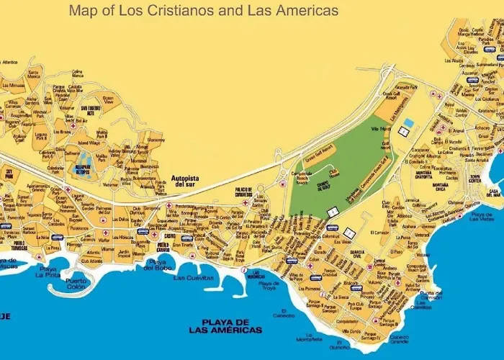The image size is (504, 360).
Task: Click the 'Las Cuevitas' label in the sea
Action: (x=194, y=277)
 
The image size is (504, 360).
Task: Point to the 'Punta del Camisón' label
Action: (x=431, y=296)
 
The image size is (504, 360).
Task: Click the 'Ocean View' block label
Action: (x=108, y=99)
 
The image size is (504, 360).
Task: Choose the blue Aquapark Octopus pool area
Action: (x=85, y=160)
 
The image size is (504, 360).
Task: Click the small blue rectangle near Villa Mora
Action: (x=408, y=123)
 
